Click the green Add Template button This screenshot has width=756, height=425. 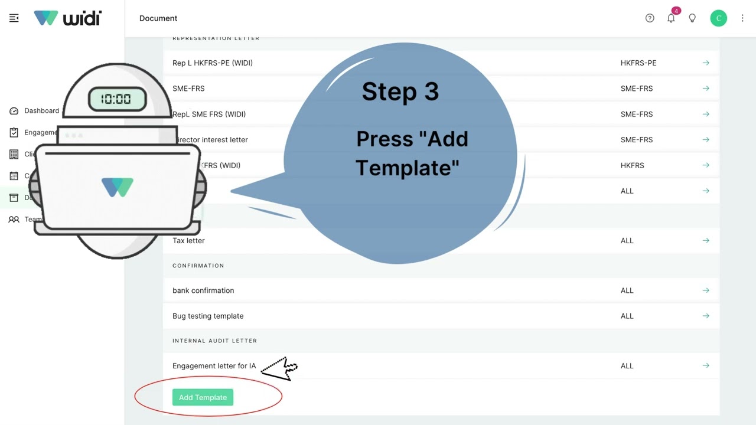point(203,397)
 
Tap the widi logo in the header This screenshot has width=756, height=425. point(68,18)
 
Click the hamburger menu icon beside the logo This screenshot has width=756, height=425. point(14,18)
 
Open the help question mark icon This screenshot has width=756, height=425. point(650,18)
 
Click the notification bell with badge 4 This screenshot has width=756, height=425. point(671,18)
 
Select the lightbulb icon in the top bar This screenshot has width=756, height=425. point(692,18)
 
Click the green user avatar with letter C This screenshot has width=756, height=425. point(718,18)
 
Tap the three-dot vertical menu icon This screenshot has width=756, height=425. point(742,18)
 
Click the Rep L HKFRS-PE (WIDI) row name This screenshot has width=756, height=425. point(213,63)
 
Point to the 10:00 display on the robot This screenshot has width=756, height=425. point(116,99)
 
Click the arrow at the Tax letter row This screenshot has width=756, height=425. point(706,241)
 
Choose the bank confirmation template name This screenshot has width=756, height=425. point(203,290)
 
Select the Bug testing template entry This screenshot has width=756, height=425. point(208,316)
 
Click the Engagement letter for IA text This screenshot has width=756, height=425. point(214,366)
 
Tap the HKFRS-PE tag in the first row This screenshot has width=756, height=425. point(638,63)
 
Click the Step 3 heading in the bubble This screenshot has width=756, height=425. point(400,91)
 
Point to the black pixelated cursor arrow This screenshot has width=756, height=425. point(280,369)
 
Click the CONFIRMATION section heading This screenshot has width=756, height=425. point(198,266)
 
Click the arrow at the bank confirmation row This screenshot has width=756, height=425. point(706,290)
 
